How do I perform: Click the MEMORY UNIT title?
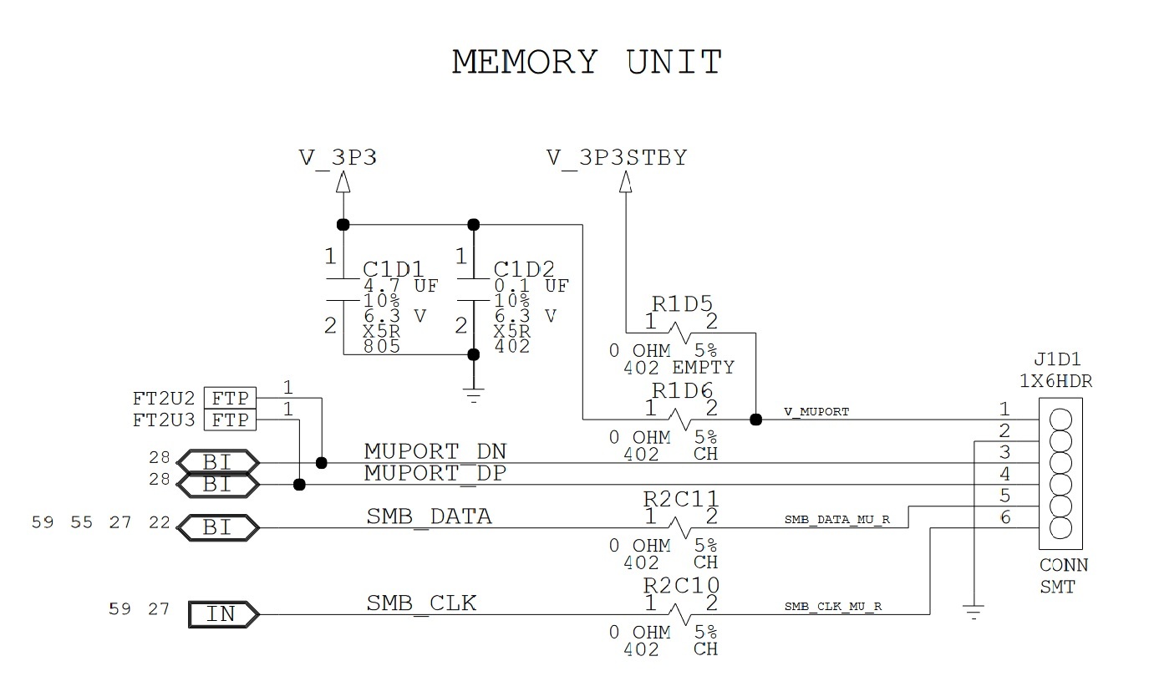coord(587,63)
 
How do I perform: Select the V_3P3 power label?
coord(338,157)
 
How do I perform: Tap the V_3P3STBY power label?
coord(617,157)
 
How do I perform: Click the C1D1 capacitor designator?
coord(393,270)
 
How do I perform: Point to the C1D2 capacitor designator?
coord(524,270)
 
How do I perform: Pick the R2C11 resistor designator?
coord(681,500)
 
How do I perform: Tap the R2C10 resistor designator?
coord(681,584)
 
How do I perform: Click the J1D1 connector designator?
coord(1057,361)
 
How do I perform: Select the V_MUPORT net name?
coord(816,412)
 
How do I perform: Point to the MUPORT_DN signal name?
coord(435,452)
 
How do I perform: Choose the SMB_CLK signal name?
coord(422,603)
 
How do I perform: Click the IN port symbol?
coord(222,614)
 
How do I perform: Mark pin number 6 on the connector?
coord(1004,518)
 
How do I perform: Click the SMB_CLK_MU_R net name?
coord(833,607)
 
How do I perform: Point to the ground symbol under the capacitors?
coord(474,396)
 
